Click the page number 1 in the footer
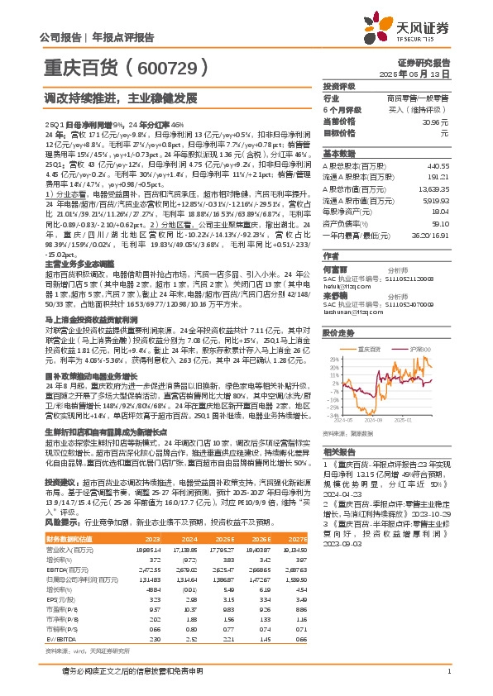[448, 670]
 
